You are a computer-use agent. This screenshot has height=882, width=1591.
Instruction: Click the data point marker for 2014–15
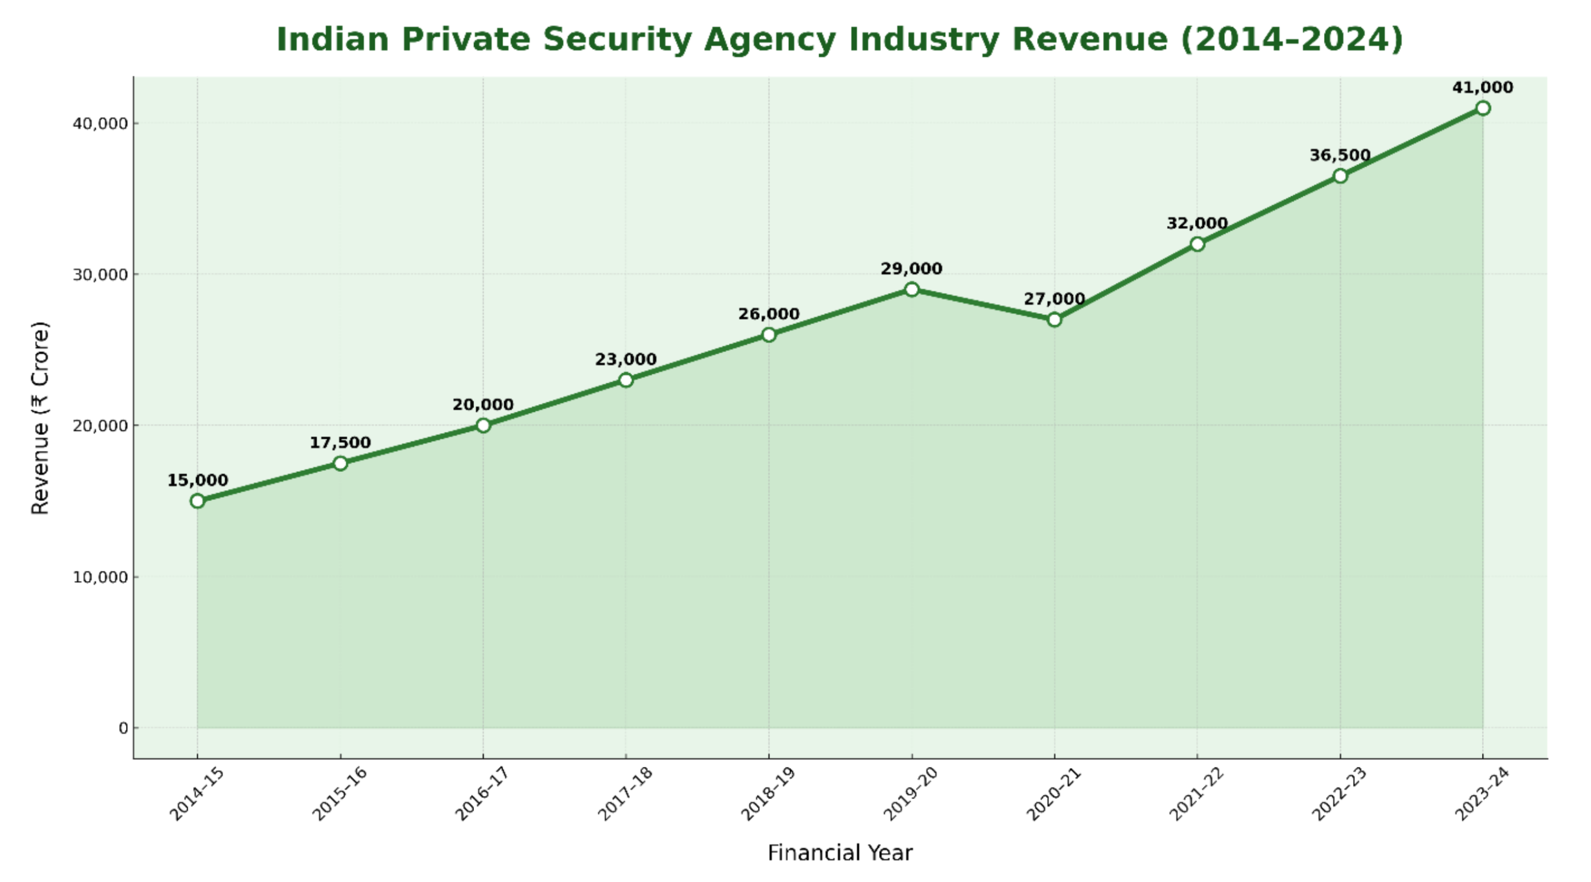pos(197,500)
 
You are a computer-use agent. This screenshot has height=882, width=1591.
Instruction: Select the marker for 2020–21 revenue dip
pos(1054,320)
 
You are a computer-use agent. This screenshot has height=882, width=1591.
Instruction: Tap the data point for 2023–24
pos(1482,108)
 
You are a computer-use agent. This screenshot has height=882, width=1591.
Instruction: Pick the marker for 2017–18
pos(625,380)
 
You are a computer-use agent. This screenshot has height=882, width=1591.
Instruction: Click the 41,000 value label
pos(1482,88)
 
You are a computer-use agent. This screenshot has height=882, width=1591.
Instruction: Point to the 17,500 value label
pos(340,443)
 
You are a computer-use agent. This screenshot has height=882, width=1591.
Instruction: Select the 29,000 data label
pos(911,269)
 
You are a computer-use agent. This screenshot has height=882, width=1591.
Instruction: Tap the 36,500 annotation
pos(1340,155)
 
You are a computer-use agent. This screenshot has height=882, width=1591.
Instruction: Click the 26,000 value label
pos(768,314)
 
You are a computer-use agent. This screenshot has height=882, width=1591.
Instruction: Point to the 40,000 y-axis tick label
pos(100,124)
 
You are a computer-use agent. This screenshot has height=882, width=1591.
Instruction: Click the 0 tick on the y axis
pos(123,728)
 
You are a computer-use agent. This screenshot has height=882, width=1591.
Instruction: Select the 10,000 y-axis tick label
pos(100,577)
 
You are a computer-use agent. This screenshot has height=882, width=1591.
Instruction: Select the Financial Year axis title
pos(840,853)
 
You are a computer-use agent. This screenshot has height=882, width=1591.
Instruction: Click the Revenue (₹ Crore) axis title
pos(40,418)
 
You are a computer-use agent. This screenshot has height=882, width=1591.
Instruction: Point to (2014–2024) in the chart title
pos(1291,39)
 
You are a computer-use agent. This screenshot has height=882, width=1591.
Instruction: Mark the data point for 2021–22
pos(1197,244)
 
